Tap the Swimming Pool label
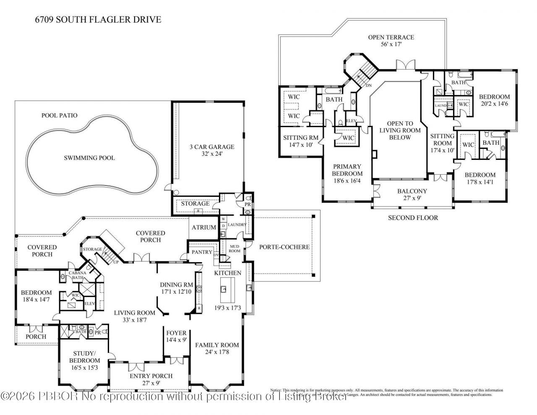89,158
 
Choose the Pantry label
202,252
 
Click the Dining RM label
176,284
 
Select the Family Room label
217,345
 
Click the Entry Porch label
151,376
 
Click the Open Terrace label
391,37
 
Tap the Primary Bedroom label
347,170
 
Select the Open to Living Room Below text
400,131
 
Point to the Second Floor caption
413,218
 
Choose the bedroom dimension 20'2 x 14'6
494,104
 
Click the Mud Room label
234,249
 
